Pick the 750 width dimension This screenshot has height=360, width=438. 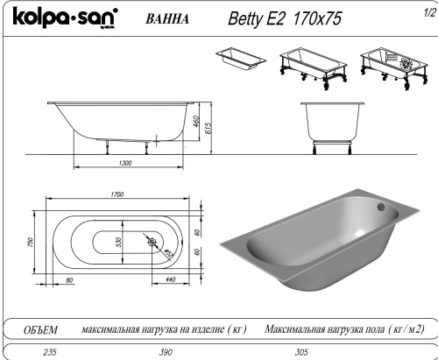click(30, 240)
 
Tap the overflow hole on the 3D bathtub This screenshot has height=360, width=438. click(380, 208)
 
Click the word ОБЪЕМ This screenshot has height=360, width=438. click(40, 329)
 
